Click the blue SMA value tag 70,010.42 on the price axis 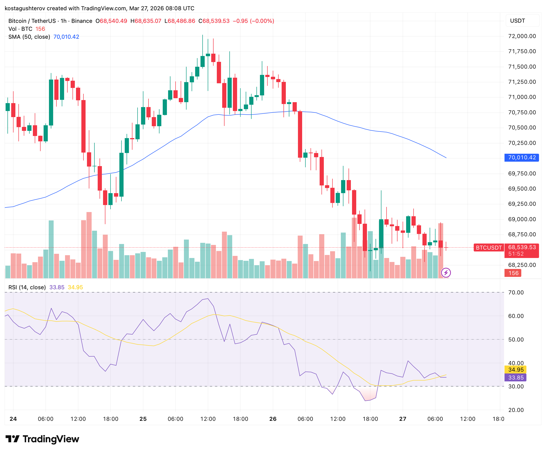tap(522, 157)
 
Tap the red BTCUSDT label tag tap(489, 247)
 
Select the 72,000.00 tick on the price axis tap(522, 36)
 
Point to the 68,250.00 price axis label tap(522, 265)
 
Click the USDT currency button tap(517, 21)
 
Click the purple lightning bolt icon tap(446, 273)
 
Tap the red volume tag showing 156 tap(513, 273)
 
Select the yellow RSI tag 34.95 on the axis tap(516, 369)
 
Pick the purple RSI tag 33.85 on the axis tap(516, 378)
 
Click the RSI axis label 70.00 tap(516, 293)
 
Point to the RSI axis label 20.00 tap(516, 410)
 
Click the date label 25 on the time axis tap(143, 419)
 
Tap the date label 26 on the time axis tap(273, 419)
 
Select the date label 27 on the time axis tap(402, 419)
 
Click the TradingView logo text tap(51, 439)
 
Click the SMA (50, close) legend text tap(29, 37)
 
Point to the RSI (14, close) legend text tap(27, 287)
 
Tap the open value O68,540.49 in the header tap(111, 21)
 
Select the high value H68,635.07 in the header tap(146, 21)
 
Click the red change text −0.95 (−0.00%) tap(253, 21)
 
